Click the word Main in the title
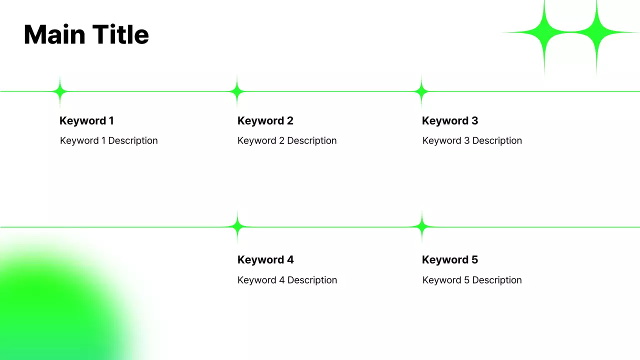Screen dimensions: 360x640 53,35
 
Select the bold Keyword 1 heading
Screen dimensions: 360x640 86,120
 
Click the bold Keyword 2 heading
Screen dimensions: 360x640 265,120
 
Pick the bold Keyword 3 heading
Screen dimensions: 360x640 449,120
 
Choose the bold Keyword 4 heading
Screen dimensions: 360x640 265,259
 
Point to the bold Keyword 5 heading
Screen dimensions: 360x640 449,259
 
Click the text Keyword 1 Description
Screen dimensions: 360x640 108,140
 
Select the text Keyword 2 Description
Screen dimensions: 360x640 286,140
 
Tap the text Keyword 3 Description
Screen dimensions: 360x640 471,140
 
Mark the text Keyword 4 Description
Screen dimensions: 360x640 287,280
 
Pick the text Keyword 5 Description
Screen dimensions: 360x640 471,280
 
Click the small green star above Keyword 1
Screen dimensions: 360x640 60,91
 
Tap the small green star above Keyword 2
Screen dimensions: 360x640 237,91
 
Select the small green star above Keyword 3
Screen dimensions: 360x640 421,91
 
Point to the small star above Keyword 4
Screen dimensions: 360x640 237,227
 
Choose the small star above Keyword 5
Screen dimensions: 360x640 421,227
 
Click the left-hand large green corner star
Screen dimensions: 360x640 544,32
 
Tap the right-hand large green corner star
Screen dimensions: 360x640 596,32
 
